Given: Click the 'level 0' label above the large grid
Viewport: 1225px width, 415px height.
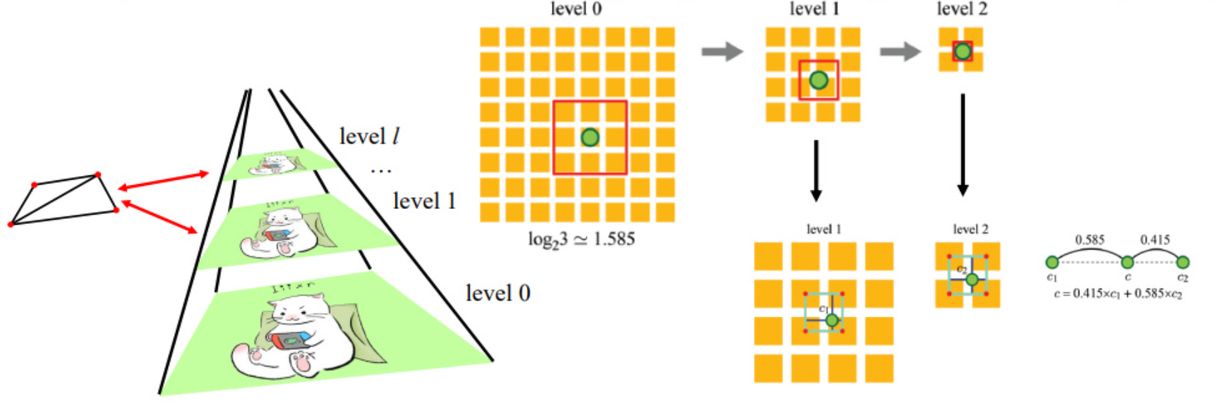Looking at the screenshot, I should point(576,9).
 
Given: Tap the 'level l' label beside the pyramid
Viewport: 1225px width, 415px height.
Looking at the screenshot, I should point(368,135).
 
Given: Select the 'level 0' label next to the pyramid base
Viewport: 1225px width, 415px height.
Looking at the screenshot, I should point(498,292).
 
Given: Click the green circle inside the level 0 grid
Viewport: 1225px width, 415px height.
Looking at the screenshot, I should point(590,137).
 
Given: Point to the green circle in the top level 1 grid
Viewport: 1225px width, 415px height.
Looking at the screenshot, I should point(818,80).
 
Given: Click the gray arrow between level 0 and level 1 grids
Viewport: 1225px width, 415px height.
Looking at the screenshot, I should point(722,51).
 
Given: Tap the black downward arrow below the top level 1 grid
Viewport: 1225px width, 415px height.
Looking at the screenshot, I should point(816,171).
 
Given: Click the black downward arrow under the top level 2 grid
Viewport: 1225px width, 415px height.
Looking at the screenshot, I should point(962,146).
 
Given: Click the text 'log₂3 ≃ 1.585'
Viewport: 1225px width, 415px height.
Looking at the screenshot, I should point(581,239).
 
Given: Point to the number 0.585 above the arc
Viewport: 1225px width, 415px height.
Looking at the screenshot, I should point(1089,240).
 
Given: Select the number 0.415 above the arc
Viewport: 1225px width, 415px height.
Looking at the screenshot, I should point(1154,240).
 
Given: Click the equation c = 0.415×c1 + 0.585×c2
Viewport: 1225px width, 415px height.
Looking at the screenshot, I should point(1118,294).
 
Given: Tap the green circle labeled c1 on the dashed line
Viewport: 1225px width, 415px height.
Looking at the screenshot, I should point(1052,262).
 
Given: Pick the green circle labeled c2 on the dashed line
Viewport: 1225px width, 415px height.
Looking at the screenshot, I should point(1182,262).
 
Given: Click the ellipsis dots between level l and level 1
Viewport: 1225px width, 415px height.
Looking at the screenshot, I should point(381,170).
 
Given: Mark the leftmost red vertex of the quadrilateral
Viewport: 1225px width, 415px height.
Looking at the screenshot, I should point(11,225).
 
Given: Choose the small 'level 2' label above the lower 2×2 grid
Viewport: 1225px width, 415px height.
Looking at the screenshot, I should point(970,229).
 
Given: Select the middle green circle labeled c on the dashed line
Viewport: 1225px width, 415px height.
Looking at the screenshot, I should point(1127,262).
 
